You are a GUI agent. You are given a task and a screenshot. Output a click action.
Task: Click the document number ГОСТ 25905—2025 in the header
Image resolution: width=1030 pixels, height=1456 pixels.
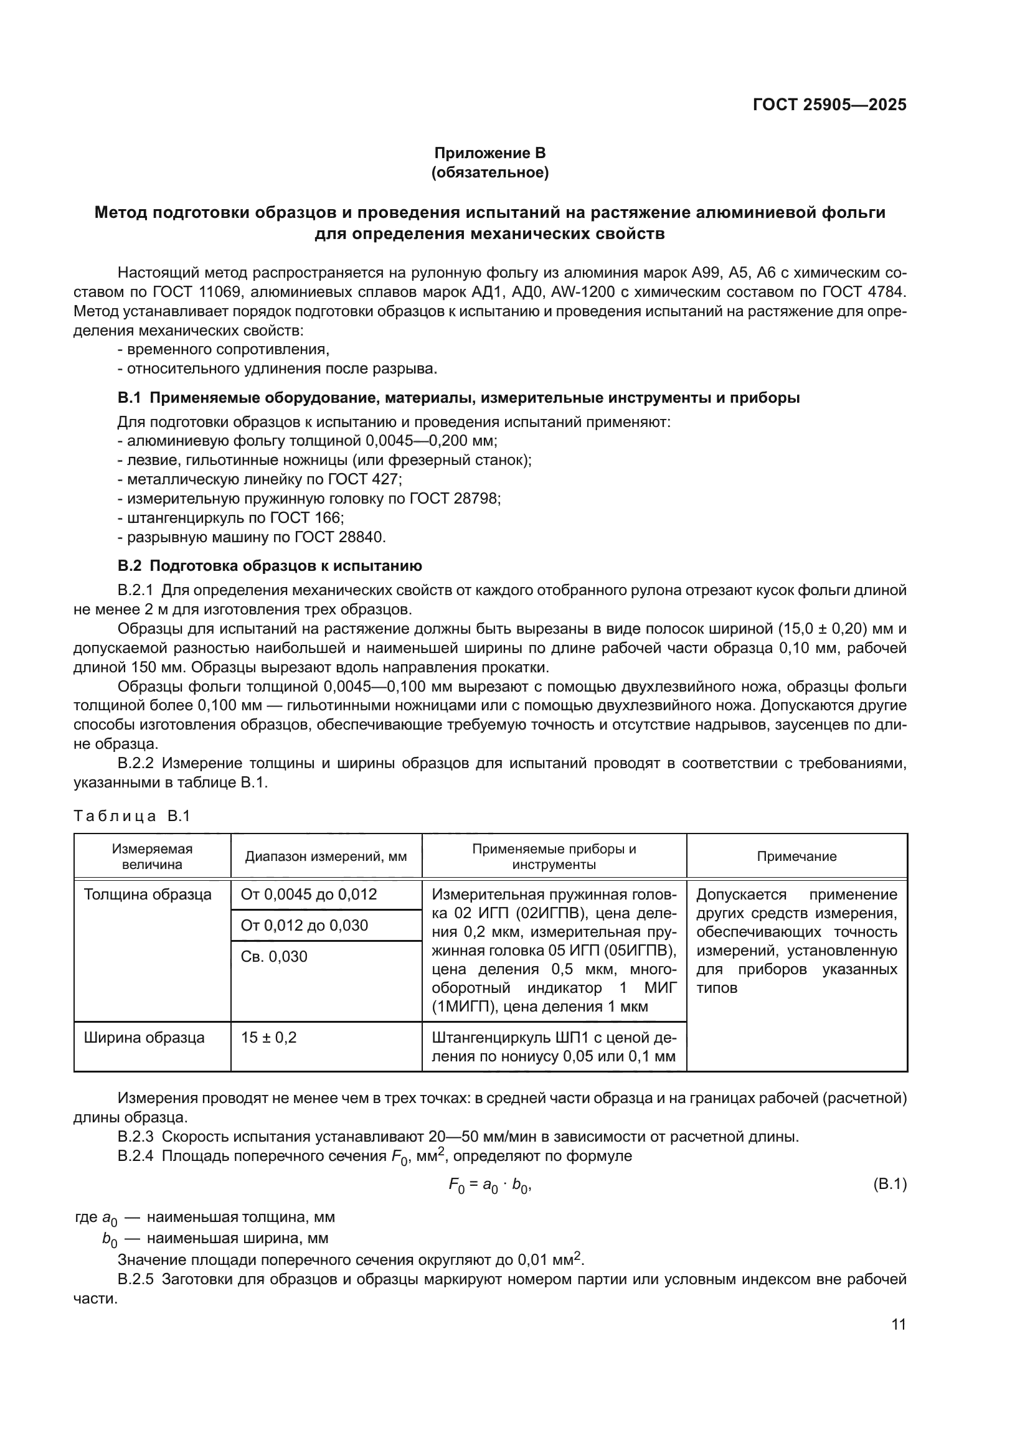(x=829, y=105)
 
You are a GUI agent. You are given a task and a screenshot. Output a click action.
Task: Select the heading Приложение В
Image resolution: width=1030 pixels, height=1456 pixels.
(x=489, y=153)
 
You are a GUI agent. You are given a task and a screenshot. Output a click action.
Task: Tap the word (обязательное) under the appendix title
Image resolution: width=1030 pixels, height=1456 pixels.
(x=489, y=172)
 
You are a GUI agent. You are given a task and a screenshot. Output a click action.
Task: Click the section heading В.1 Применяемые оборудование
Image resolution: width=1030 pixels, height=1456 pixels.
(x=458, y=398)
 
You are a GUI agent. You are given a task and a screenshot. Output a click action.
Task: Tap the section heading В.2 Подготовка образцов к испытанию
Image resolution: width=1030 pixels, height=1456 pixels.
(x=270, y=566)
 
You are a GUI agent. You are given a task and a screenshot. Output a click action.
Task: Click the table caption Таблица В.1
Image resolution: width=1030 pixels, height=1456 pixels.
(x=132, y=816)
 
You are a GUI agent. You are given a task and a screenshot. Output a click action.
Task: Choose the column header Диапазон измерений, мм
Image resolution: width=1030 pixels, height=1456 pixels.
(x=326, y=857)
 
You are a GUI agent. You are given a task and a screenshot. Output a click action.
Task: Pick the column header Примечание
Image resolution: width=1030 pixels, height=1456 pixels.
(x=796, y=857)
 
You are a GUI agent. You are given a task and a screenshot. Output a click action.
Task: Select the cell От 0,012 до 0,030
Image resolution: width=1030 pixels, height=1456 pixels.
(x=305, y=925)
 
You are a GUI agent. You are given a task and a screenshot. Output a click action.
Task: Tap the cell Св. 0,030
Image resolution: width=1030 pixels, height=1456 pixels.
(x=274, y=956)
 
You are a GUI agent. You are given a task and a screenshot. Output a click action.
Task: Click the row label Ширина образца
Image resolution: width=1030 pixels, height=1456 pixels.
(x=144, y=1038)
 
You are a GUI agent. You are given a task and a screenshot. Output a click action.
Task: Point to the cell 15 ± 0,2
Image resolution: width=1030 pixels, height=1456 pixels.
(x=269, y=1038)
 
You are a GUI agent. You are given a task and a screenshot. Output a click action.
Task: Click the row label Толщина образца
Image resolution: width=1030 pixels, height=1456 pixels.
(x=148, y=895)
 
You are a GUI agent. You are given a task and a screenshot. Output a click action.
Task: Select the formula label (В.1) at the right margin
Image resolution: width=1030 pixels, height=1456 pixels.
(x=890, y=1184)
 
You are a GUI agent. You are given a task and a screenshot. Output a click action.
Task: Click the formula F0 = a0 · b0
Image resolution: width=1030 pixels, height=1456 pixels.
(x=489, y=1185)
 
